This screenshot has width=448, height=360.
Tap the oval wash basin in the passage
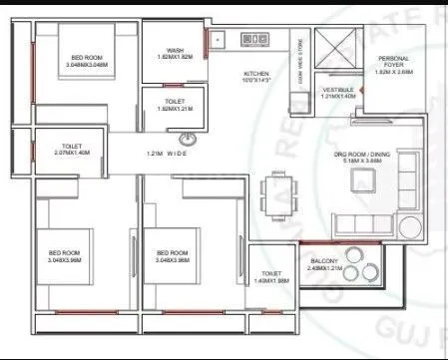(188, 139)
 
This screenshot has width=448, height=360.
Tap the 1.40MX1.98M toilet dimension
(273, 280)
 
